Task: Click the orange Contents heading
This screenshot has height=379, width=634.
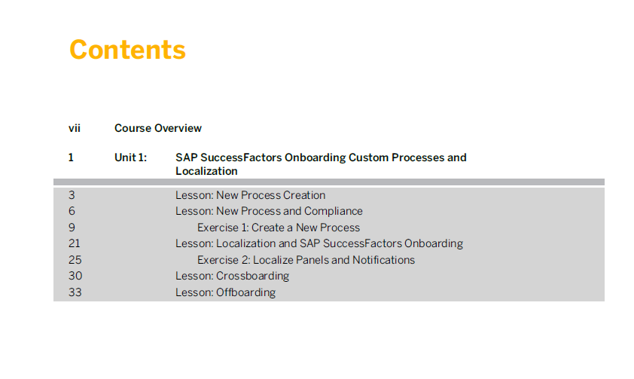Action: click(127, 50)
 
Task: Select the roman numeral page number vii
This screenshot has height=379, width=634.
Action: click(75, 128)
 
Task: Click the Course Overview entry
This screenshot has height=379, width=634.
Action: click(157, 128)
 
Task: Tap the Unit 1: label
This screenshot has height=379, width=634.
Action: click(130, 157)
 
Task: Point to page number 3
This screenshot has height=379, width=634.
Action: click(72, 195)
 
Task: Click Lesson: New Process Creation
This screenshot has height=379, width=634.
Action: click(250, 195)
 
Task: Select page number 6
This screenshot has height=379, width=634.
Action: click(72, 211)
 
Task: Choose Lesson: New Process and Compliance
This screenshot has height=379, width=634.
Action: click(269, 211)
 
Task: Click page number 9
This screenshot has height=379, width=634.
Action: click(72, 228)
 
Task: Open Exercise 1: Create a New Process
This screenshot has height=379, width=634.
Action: click(279, 228)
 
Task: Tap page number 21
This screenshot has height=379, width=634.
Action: click(75, 243)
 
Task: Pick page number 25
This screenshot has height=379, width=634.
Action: click(75, 260)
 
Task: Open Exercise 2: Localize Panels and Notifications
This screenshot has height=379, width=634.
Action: click(306, 260)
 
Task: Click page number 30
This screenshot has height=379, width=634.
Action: click(75, 276)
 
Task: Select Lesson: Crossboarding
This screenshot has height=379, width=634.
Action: click(232, 276)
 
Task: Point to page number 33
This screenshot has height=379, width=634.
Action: click(75, 292)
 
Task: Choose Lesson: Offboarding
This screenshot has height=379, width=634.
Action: click(225, 292)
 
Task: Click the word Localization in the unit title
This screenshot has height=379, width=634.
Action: click(206, 171)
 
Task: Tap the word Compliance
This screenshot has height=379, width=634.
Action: click(333, 211)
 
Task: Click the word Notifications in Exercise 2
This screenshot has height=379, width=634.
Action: click(383, 260)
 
